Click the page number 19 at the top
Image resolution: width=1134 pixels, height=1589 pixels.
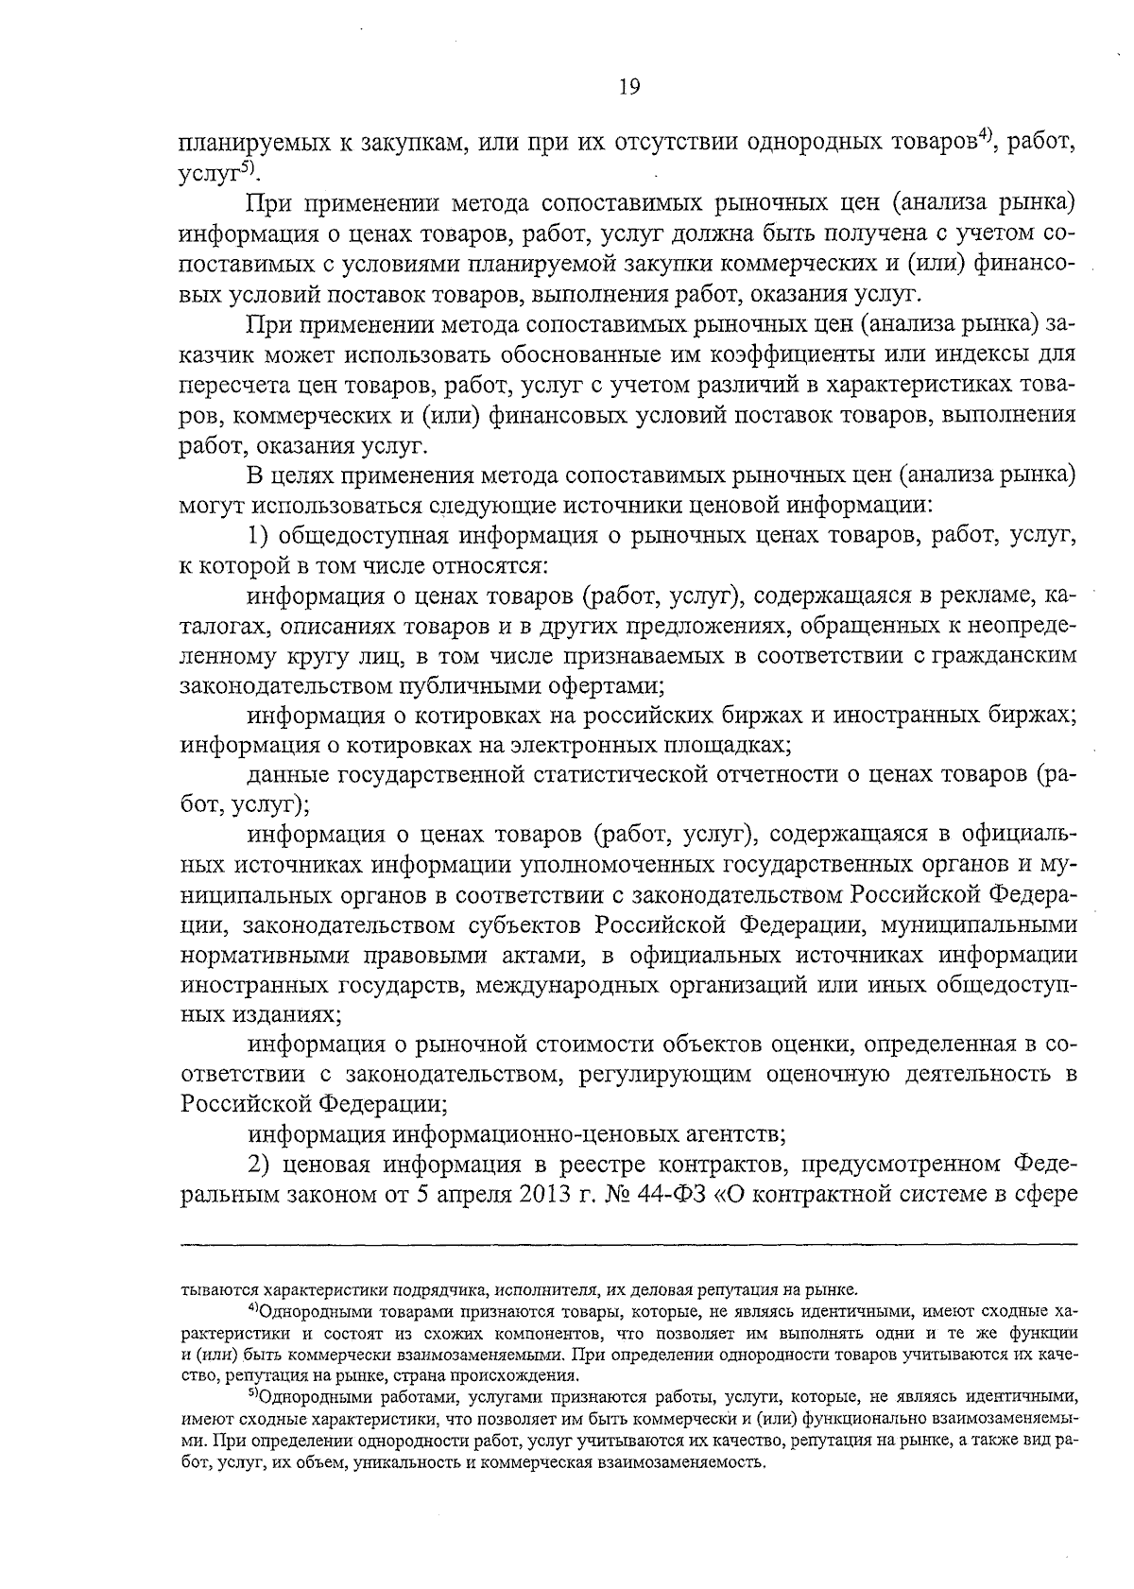629,88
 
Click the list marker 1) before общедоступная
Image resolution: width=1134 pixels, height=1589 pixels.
261,536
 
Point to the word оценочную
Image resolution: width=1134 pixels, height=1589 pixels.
830,1074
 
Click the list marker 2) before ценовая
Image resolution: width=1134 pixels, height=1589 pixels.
261,1164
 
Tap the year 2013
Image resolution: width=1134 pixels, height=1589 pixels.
541,1194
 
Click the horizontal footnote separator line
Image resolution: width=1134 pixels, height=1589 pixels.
628,1244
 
